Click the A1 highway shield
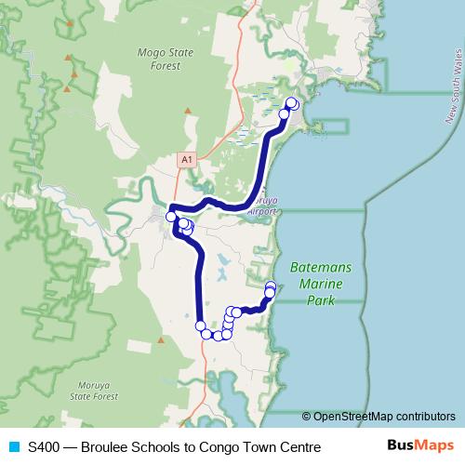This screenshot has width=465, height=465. (187, 160)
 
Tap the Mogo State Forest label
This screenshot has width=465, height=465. (164, 59)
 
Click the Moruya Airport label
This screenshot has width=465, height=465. (262, 207)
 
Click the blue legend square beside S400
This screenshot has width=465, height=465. (13, 447)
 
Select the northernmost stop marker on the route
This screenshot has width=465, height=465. (292, 102)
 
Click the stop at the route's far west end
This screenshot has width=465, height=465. (172, 217)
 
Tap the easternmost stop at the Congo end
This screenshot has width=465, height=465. (272, 286)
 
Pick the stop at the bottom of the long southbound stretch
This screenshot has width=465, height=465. (200, 325)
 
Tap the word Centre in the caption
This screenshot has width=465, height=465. (299, 447)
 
